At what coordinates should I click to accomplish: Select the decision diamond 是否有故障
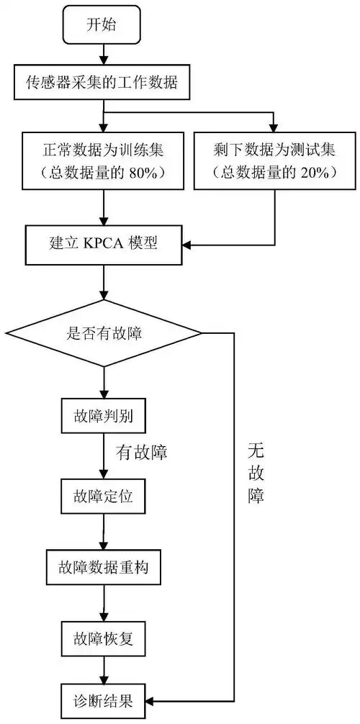coord(105,333)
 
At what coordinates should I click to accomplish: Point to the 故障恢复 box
coord(105,638)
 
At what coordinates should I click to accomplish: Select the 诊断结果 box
coord(105,700)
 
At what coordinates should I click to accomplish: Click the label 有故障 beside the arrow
coord(143,452)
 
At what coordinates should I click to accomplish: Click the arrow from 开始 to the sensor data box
coord(105,53)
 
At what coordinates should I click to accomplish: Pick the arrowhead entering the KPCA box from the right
coord(189,246)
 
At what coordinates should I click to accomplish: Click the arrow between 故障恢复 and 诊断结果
coord(105,669)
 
